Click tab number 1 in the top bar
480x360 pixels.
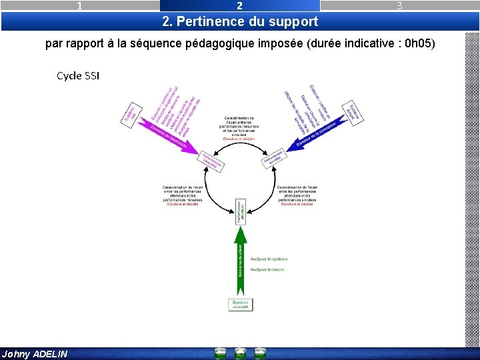pyautogui.click(x=80, y=5)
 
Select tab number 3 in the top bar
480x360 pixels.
pyautogui.click(x=399, y=5)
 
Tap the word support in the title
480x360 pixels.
pyautogui.click(x=293, y=21)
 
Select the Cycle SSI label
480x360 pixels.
pyautogui.click(x=78, y=75)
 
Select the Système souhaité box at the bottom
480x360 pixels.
pyautogui.click(x=241, y=304)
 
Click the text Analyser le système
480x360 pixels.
pyautogui.click(x=269, y=259)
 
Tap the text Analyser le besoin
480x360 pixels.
pyautogui.click(x=267, y=269)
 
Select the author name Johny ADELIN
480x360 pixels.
pyautogui.click(x=35, y=354)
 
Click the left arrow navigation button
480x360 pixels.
pyautogui.click(x=220, y=353)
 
